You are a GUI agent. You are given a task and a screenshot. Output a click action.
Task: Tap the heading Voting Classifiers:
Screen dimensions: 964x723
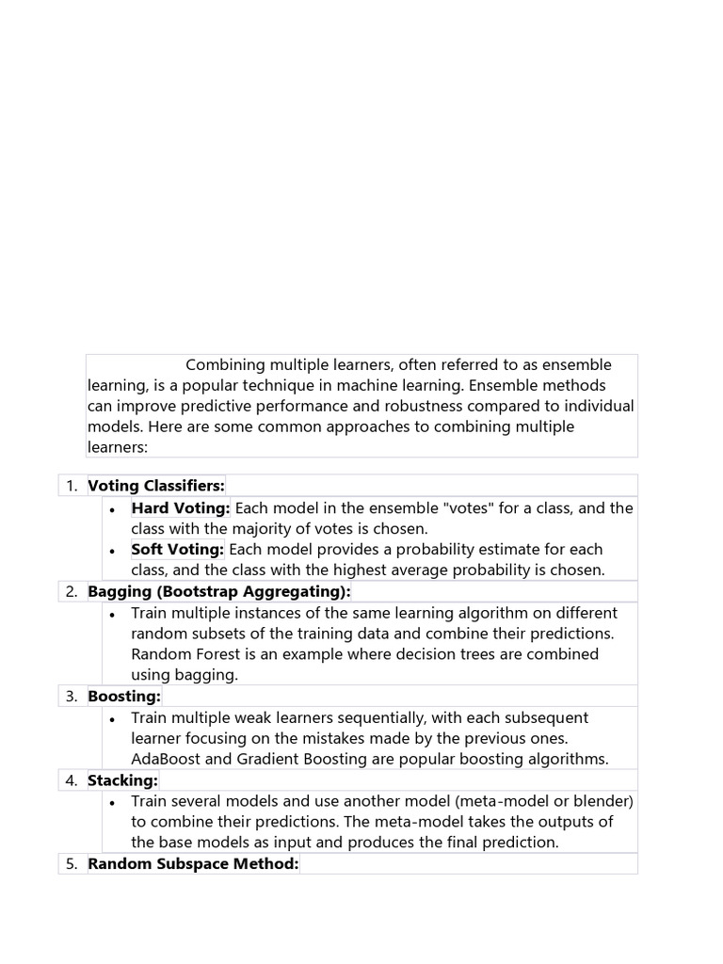pos(156,486)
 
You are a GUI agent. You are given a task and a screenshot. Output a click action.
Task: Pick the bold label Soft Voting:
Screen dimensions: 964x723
pos(178,550)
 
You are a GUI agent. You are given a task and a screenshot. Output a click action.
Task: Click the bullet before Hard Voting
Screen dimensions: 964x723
pos(113,509)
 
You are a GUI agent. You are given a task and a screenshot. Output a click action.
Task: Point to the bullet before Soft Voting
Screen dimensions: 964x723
pos(113,551)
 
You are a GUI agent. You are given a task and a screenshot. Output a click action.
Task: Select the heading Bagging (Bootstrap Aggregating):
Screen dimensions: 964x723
pos(219,591)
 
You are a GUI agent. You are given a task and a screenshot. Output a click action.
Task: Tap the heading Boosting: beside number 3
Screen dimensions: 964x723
pos(124,697)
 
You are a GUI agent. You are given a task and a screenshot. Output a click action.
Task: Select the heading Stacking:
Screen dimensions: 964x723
pos(123,780)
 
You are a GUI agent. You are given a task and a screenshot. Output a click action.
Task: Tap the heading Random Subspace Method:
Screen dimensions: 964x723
pos(193,864)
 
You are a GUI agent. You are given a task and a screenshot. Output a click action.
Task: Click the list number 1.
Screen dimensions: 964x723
pos(72,486)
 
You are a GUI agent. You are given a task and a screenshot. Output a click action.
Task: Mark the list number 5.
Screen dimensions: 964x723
pos(72,864)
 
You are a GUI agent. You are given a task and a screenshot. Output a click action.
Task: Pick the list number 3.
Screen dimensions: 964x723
pos(72,697)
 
